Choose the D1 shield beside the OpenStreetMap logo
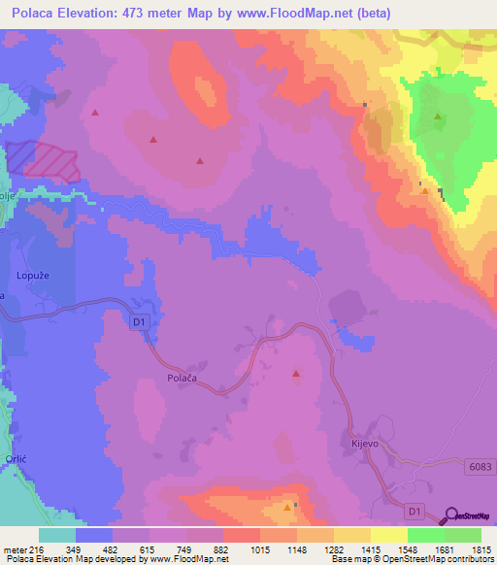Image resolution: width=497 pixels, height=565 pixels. pos(414,512)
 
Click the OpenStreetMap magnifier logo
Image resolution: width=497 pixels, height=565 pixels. pos(451,516)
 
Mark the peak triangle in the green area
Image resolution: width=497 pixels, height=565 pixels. pos(438,117)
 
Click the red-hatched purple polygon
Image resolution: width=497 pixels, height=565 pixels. pos(45,160)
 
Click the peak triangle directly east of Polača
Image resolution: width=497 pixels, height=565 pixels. pos(296,373)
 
